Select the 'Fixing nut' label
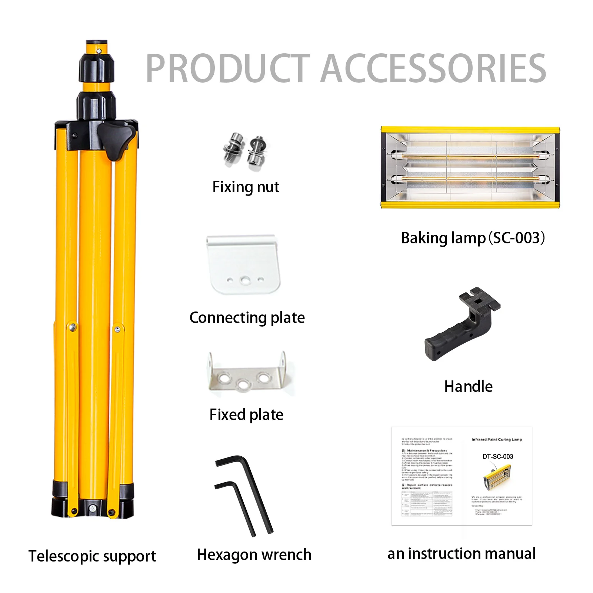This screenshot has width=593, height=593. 246,187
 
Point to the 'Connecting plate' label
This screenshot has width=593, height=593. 247,318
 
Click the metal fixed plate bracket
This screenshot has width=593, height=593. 246,374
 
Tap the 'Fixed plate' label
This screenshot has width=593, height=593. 246,415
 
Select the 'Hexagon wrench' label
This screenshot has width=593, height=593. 254,555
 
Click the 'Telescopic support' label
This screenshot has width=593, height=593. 92,556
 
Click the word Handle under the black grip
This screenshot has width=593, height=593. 468,387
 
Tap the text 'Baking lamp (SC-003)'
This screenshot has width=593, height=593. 473,238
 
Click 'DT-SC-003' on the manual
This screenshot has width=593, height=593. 497,457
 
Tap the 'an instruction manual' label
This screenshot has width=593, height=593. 462,554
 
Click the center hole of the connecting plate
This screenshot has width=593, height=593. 244,280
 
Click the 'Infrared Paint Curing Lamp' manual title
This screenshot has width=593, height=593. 496,440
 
